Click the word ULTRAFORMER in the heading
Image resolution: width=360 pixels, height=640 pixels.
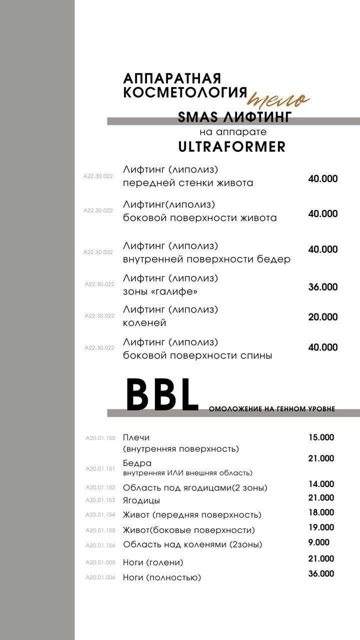coord(231,146)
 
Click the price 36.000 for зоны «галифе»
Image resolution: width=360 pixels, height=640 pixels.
coord(322,287)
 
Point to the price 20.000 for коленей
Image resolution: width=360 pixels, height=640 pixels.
coord(322,317)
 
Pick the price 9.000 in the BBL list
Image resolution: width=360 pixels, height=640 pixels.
coord(319,542)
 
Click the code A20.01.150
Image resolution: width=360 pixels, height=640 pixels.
coord(100,438)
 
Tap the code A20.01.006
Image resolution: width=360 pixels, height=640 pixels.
coord(100,577)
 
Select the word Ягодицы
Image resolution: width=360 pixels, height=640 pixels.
coord(141,500)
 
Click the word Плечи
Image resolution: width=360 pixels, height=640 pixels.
coord(136,437)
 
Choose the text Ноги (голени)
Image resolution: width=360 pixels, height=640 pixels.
coord(153,562)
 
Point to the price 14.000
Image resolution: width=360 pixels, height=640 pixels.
coord(321,484)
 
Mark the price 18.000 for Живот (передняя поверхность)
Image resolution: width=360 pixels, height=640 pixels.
coord(321,512)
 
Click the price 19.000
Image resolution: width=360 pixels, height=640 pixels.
coord(321,527)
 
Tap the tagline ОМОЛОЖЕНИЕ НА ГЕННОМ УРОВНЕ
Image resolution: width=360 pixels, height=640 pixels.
coord(271,409)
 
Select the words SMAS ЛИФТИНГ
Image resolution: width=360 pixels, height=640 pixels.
coord(234,117)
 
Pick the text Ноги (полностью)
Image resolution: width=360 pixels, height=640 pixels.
coord(162,577)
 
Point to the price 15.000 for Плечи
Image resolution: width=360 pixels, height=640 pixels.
coord(321,437)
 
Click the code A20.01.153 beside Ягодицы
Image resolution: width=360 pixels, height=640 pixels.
coord(100,500)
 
